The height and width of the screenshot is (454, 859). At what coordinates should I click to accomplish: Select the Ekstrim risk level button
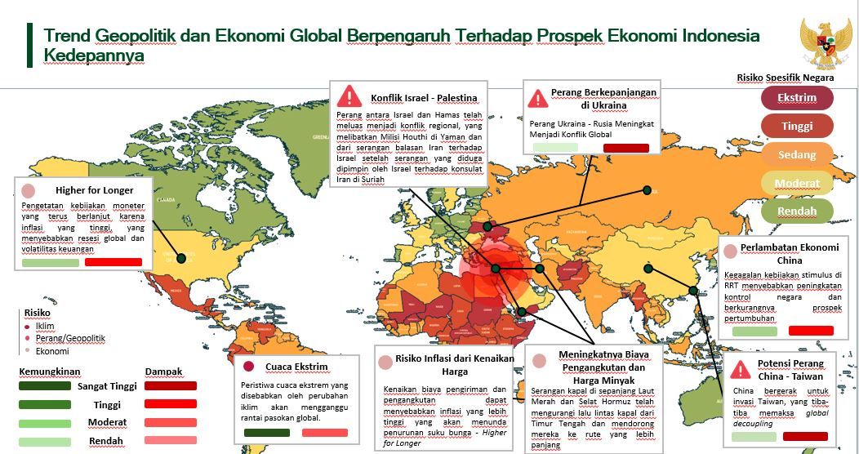[x=797, y=98]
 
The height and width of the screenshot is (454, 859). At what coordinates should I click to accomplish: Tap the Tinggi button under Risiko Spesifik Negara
[x=797, y=126]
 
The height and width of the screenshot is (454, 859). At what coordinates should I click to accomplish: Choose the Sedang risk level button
[x=797, y=154]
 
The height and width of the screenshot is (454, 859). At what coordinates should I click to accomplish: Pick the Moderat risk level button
[x=797, y=183]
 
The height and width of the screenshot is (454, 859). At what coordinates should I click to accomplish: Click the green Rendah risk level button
[x=797, y=211]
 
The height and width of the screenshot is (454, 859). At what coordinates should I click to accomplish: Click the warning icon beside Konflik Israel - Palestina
[x=349, y=95]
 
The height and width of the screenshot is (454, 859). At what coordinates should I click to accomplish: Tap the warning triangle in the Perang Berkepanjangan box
[x=538, y=99]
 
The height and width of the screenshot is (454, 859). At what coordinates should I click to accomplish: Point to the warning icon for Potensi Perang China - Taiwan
[x=741, y=369]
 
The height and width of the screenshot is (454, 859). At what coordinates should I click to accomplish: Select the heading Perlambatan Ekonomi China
[x=789, y=254]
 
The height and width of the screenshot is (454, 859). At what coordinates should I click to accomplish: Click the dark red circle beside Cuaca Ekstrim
[x=249, y=367]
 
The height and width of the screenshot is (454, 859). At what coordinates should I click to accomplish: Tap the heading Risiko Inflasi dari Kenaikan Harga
[x=454, y=364]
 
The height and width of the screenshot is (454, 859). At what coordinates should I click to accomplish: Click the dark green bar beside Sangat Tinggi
[x=45, y=386]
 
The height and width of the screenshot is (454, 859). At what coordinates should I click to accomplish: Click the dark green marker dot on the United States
[x=181, y=258]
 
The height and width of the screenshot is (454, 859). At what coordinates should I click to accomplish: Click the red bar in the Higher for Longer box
[x=113, y=263]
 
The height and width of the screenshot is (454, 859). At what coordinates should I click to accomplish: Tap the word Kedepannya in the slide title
[x=94, y=56]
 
